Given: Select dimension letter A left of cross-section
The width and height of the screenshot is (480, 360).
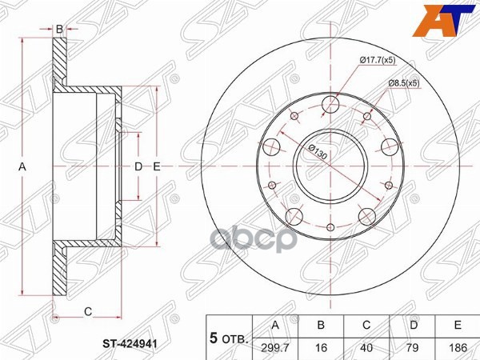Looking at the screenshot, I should (23, 166).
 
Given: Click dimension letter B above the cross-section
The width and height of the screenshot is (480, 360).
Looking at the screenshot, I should (59, 29).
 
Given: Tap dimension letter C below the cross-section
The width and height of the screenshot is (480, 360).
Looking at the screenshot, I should (88, 310).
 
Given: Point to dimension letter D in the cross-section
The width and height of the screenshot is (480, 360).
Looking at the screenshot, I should (138, 166).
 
